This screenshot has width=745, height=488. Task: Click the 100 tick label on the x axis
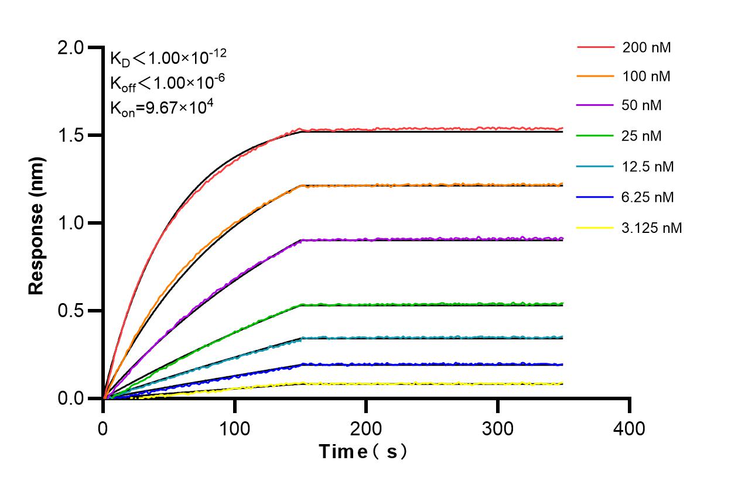235,429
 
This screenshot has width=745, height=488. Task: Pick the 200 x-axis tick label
366,429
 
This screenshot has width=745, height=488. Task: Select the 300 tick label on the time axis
498,429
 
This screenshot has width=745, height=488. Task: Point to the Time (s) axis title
363,452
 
